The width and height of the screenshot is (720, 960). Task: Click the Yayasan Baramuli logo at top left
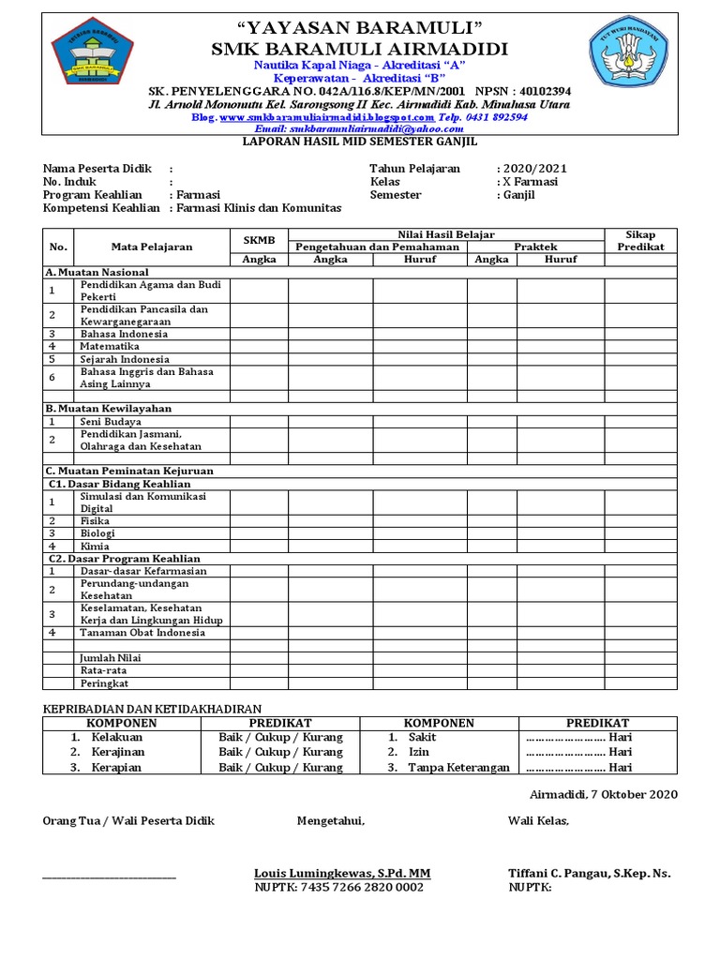(x=92, y=51)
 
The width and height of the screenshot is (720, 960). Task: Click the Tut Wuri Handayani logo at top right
(x=626, y=51)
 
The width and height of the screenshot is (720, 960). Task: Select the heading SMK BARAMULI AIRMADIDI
(x=360, y=49)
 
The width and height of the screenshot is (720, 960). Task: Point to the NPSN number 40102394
(x=538, y=91)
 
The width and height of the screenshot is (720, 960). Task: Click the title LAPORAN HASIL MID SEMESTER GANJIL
(x=360, y=142)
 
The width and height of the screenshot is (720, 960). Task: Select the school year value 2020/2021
(x=534, y=169)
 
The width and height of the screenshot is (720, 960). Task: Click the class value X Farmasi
(x=531, y=182)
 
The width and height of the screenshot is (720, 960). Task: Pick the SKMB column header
(x=259, y=240)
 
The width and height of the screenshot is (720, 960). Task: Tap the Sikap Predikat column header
(x=640, y=240)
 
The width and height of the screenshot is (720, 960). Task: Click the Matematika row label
(x=109, y=346)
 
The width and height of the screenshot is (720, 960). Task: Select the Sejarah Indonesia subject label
(x=125, y=359)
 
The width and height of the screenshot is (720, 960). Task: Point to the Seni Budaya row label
(x=110, y=422)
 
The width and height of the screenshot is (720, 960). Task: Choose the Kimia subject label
(x=95, y=546)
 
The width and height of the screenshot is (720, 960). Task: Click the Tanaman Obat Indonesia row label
(x=142, y=633)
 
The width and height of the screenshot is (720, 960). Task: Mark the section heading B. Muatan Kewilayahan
(x=109, y=409)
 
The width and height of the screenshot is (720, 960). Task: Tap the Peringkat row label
(x=103, y=683)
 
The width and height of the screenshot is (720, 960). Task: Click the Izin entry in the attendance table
(x=418, y=752)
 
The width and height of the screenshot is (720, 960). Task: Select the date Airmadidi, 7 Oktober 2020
(x=597, y=794)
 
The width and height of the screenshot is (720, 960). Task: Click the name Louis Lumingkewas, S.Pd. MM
(x=342, y=873)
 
